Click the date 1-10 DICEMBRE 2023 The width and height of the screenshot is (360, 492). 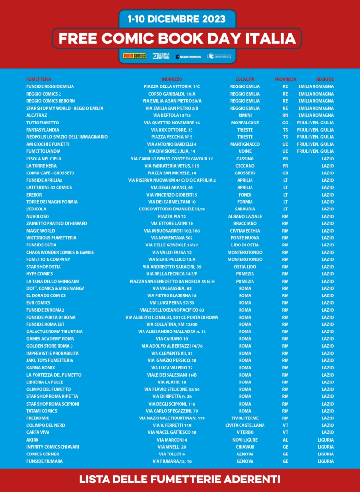[x=177, y=19]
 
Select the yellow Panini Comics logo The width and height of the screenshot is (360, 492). [x=134, y=56]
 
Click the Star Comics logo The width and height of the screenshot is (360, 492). [x=188, y=56]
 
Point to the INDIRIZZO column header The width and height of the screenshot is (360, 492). [x=172, y=79]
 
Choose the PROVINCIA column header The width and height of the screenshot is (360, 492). [x=285, y=79]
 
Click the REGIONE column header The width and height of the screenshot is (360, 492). [x=324, y=79]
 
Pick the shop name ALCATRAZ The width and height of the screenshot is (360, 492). [x=36, y=115]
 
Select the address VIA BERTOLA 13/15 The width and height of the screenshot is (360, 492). [x=172, y=115]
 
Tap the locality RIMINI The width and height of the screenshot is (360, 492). [x=245, y=115]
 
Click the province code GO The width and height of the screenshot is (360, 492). [x=285, y=123]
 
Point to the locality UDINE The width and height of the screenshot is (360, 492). [x=245, y=151]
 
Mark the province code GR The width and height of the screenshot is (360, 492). [x=285, y=173]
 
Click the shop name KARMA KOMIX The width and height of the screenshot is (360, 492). [x=41, y=368]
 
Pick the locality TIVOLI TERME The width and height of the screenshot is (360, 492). [x=245, y=418]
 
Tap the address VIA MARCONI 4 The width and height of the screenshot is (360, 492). [x=172, y=440]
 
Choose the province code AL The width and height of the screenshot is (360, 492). [x=285, y=440]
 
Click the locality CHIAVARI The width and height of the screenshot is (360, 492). [x=245, y=447]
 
